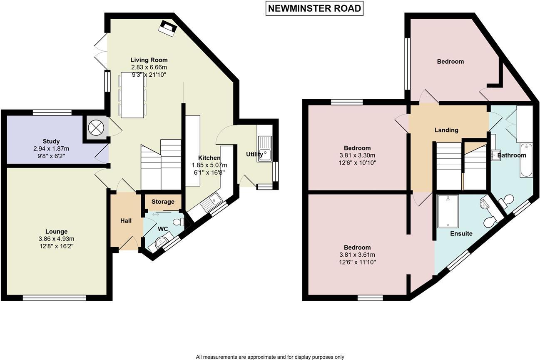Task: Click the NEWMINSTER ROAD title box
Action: pyautogui.click(x=314, y=8)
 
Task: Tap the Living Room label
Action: pyautogui.click(x=149, y=60)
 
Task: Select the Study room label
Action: pyautogui.click(x=51, y=141)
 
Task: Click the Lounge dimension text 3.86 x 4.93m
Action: pyautogui.click(x=57, y=239)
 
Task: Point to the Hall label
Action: pyautogui.click(x=126, y=220)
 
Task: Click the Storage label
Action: pyautogui.click(x=163, y=202)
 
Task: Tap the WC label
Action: pyautogui.click(x=163, y=229)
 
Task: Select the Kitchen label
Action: pyautogui.click(x=209, y=158)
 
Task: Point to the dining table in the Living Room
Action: pyautogui.click(x=132, y=95)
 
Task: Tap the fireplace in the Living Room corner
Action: pyautogui.click(x=168, y=28)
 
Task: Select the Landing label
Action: pyautogui.click(x=446, y=130)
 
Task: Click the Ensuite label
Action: pyautogui.click(x=461, y=234)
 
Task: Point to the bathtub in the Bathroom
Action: pyautogui.click(x=526, y=160)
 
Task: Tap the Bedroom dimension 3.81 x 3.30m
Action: pyautogui.click(x=357, y=155)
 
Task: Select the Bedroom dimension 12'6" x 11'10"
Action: pyautogui.click(x=357, y=262)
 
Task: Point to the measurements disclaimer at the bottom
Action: pyautogui.click(x=270, y=357)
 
